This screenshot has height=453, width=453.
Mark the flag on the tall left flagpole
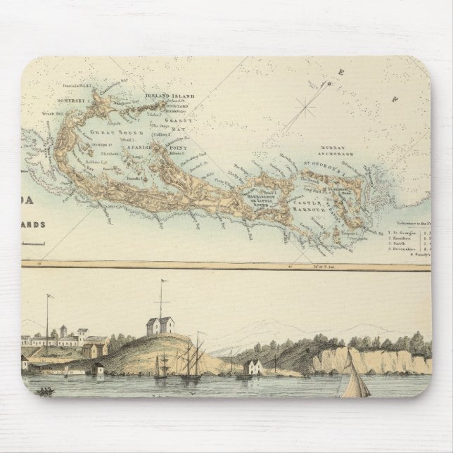50,296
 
